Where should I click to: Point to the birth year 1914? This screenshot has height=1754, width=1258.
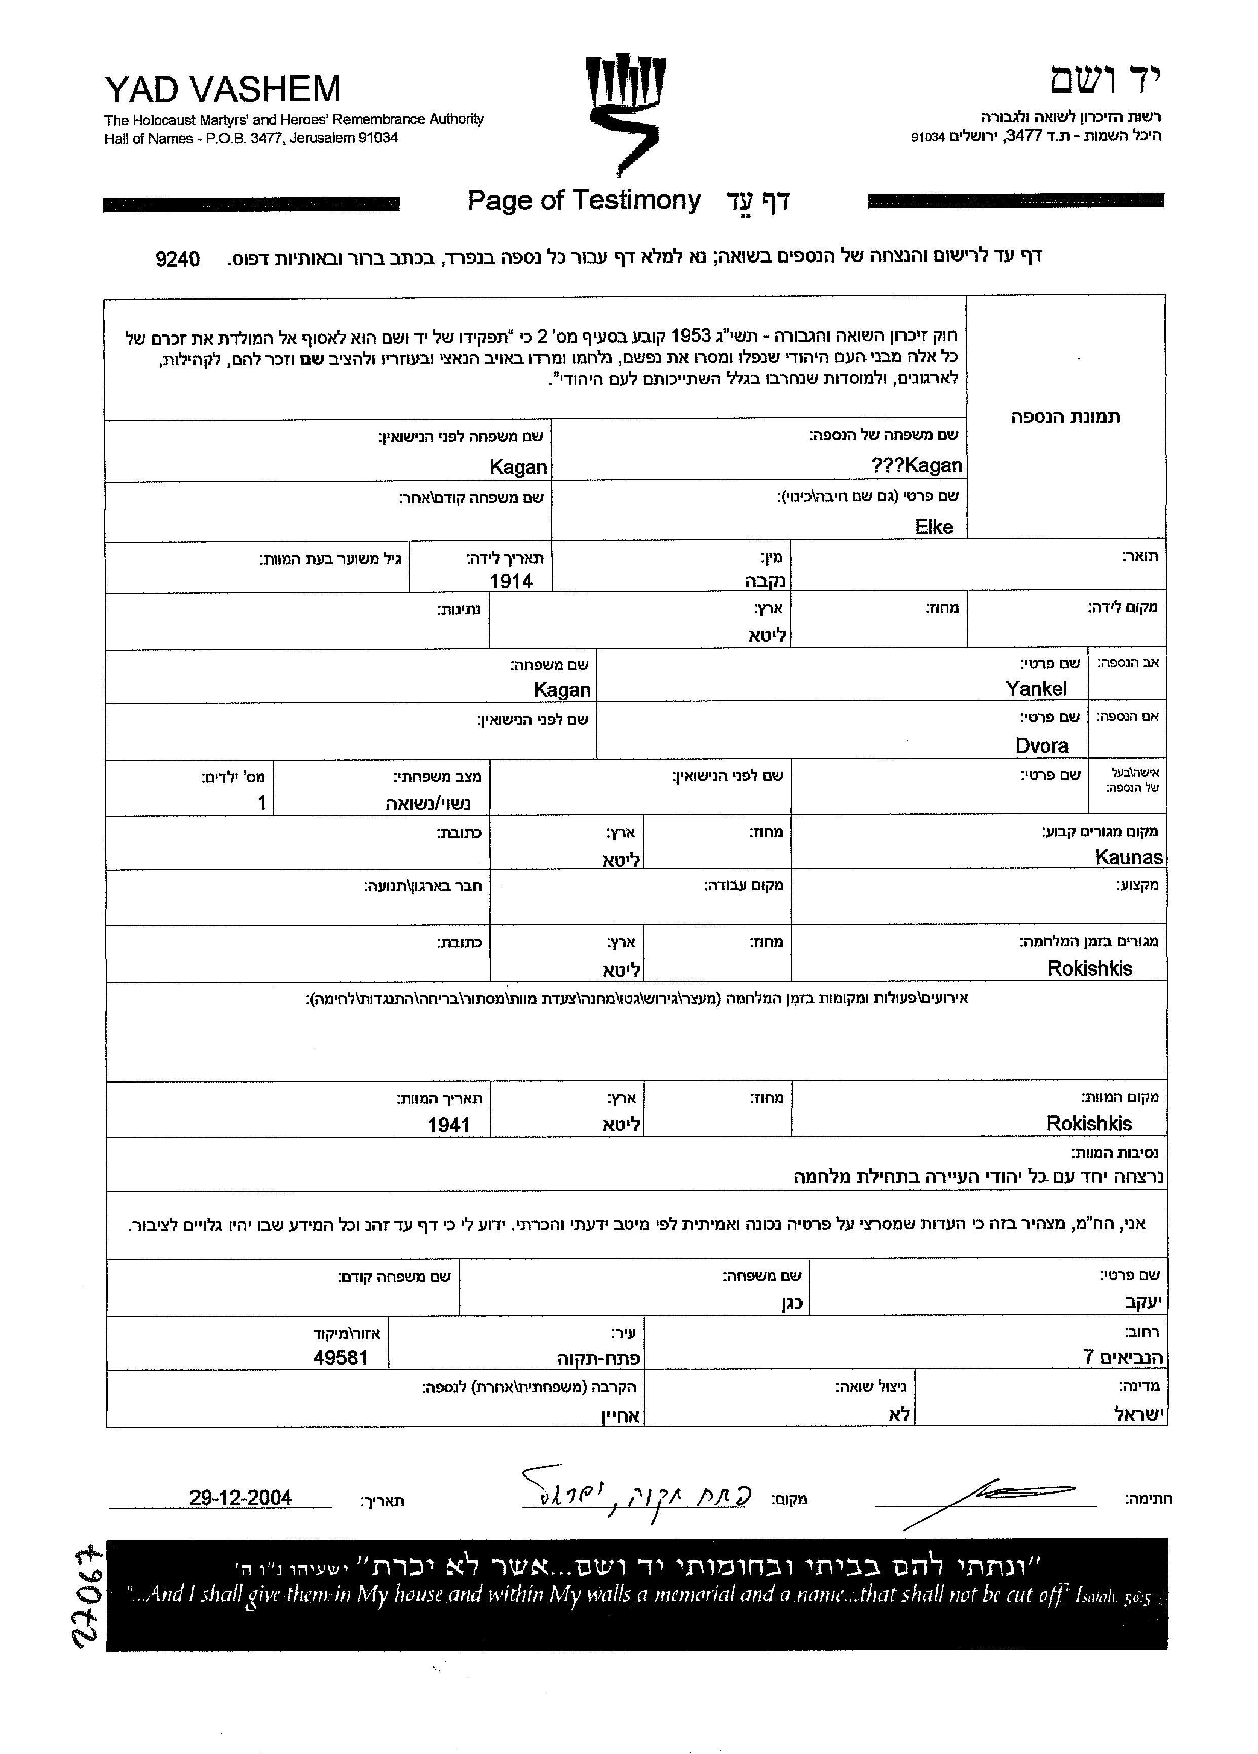tap(511, 581)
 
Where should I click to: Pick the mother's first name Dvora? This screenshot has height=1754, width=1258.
tap(1042, 745)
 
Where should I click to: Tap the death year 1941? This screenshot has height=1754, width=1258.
tap(448, 1125)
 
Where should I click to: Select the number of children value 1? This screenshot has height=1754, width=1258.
tap(261, 803)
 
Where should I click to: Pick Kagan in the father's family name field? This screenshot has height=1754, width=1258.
tap(561, 689)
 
